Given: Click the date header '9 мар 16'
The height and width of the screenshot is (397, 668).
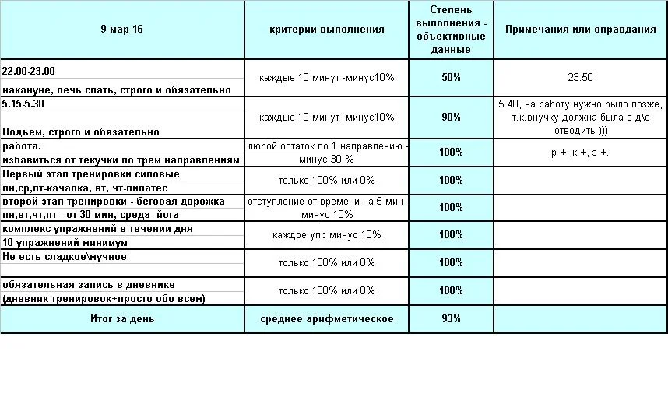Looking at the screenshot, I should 121,30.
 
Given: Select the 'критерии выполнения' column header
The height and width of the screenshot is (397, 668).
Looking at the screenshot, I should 327,30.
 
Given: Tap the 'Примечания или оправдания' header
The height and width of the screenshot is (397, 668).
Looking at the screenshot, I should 580,30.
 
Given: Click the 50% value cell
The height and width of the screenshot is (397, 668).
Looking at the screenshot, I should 451,78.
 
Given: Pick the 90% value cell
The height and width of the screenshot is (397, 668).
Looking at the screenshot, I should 451,118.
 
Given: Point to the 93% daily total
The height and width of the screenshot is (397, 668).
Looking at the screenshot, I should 451,319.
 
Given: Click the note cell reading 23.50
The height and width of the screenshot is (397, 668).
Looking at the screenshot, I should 580,78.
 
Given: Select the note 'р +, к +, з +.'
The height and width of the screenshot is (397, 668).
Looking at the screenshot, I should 580,153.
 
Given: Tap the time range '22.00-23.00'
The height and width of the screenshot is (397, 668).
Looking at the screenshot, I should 29,71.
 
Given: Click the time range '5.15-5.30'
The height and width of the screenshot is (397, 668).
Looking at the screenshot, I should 23,103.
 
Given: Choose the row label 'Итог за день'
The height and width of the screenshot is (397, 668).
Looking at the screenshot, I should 121,319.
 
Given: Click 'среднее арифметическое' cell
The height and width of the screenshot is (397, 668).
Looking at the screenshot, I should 327,319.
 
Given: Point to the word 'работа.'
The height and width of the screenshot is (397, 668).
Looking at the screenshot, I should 22,146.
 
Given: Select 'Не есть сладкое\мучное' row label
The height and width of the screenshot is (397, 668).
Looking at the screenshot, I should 65,256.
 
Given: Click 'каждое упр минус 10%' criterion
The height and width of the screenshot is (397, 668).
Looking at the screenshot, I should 327,235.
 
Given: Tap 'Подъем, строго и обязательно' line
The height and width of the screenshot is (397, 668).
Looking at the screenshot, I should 81,132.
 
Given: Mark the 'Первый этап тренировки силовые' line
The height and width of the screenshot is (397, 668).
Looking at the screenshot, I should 91,174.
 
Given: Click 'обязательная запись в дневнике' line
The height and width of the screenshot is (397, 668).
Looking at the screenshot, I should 89,285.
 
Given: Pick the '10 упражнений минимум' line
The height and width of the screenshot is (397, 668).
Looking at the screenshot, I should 65,242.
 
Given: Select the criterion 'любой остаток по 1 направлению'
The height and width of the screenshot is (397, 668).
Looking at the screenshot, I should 327,146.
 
